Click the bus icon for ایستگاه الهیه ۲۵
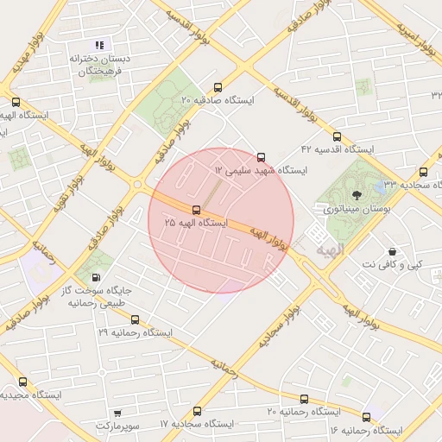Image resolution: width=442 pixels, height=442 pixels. [197, 210]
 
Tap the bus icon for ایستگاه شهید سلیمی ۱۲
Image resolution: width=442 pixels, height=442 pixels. [262, 156]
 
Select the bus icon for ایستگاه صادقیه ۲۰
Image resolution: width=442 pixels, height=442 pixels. [217, 87]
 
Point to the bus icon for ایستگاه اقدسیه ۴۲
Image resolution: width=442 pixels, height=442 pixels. [337, 136]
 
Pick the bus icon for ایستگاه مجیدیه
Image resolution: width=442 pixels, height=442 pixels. [22, 382]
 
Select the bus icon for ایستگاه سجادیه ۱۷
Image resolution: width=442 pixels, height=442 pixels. [197, 411]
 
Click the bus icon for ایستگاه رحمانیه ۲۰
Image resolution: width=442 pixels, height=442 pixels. [304, 399]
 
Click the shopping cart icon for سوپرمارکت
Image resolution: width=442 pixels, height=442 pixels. [117, 414]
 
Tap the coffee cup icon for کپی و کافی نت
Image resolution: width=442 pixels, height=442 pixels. [394, 250]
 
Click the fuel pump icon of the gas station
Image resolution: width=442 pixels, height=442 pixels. [95, 277]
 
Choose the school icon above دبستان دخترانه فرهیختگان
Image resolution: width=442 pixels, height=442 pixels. [99, 45]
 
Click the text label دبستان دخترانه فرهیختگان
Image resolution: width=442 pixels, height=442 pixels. [98, 66]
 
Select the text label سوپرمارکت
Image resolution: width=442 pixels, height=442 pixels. [117, 426]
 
